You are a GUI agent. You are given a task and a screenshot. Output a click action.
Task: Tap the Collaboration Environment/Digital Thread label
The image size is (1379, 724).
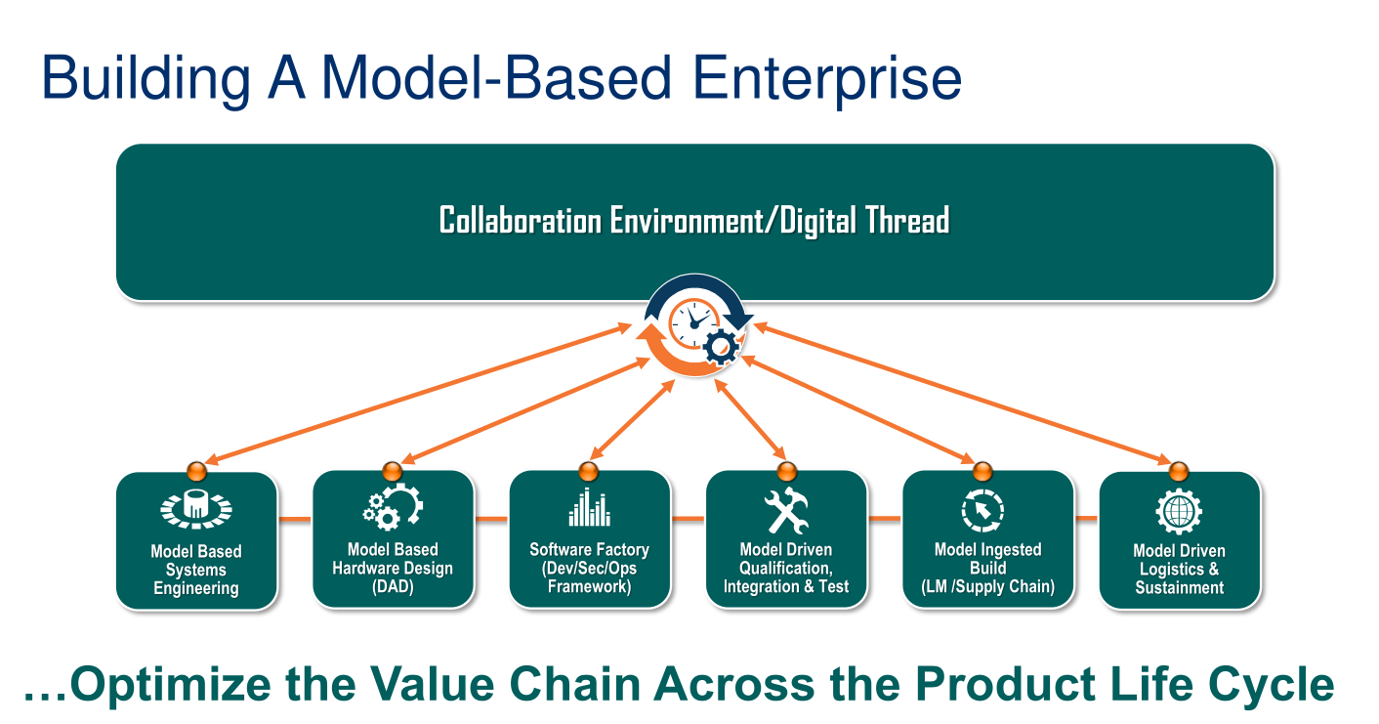tap(694, 220)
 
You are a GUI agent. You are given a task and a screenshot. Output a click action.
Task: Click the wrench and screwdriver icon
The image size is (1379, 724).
tap(786, 509)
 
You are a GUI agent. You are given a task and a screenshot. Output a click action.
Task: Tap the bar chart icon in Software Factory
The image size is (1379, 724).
tap(590, 507)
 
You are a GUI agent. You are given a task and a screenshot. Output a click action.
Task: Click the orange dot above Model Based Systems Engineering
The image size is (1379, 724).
tap(195, 468)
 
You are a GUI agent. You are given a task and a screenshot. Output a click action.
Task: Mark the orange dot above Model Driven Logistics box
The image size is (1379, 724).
tap(1179, 468)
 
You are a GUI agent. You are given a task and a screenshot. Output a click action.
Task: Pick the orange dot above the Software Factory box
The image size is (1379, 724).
tap(589, 468)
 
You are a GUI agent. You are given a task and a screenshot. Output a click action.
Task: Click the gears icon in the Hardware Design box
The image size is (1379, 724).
tap(393, 507)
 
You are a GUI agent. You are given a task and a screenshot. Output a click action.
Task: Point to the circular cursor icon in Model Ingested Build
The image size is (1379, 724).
tap(982, 509)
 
